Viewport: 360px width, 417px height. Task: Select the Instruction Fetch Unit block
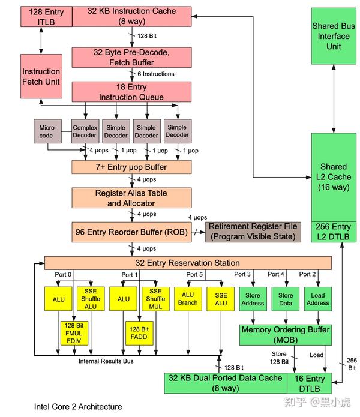click(41, 77)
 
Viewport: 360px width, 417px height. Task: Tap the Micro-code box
click(47, 131)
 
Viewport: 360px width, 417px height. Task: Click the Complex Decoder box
click(85, 131)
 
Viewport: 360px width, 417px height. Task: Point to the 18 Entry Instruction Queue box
click(131, 92)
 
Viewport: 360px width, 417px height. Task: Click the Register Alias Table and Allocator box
click(131, 198)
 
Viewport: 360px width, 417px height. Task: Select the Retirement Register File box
click(252, 232)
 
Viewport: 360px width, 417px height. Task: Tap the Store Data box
click(286, 299)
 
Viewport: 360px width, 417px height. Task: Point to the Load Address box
click(318, 299)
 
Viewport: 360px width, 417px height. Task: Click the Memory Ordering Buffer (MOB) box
click(286, 335)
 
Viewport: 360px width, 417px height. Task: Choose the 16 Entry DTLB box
click(308, 383)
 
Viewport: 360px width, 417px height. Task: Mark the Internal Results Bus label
click(106, 361)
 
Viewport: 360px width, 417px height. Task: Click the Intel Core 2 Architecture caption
click(77, 407)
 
